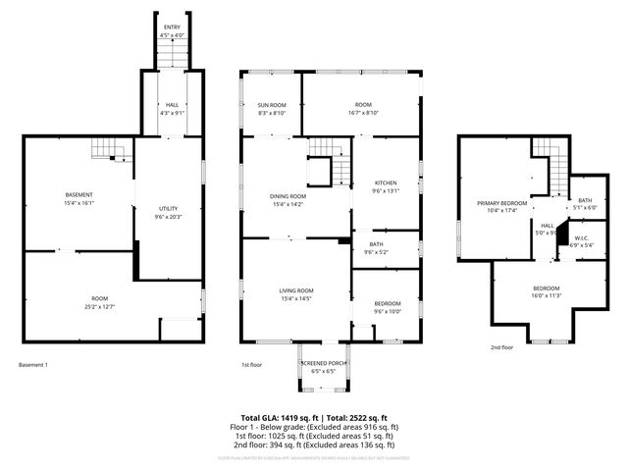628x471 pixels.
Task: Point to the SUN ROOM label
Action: coord(272,109)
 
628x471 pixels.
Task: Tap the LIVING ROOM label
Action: coord(296,294)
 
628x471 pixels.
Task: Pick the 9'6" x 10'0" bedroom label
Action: coord(388,308)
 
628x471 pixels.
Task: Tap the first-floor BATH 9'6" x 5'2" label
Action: coord(377,248)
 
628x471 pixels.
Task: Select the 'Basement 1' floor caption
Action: coord(32,365)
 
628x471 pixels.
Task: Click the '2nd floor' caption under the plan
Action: coord(501,347)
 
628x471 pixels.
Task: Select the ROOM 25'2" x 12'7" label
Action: coord(100,302)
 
